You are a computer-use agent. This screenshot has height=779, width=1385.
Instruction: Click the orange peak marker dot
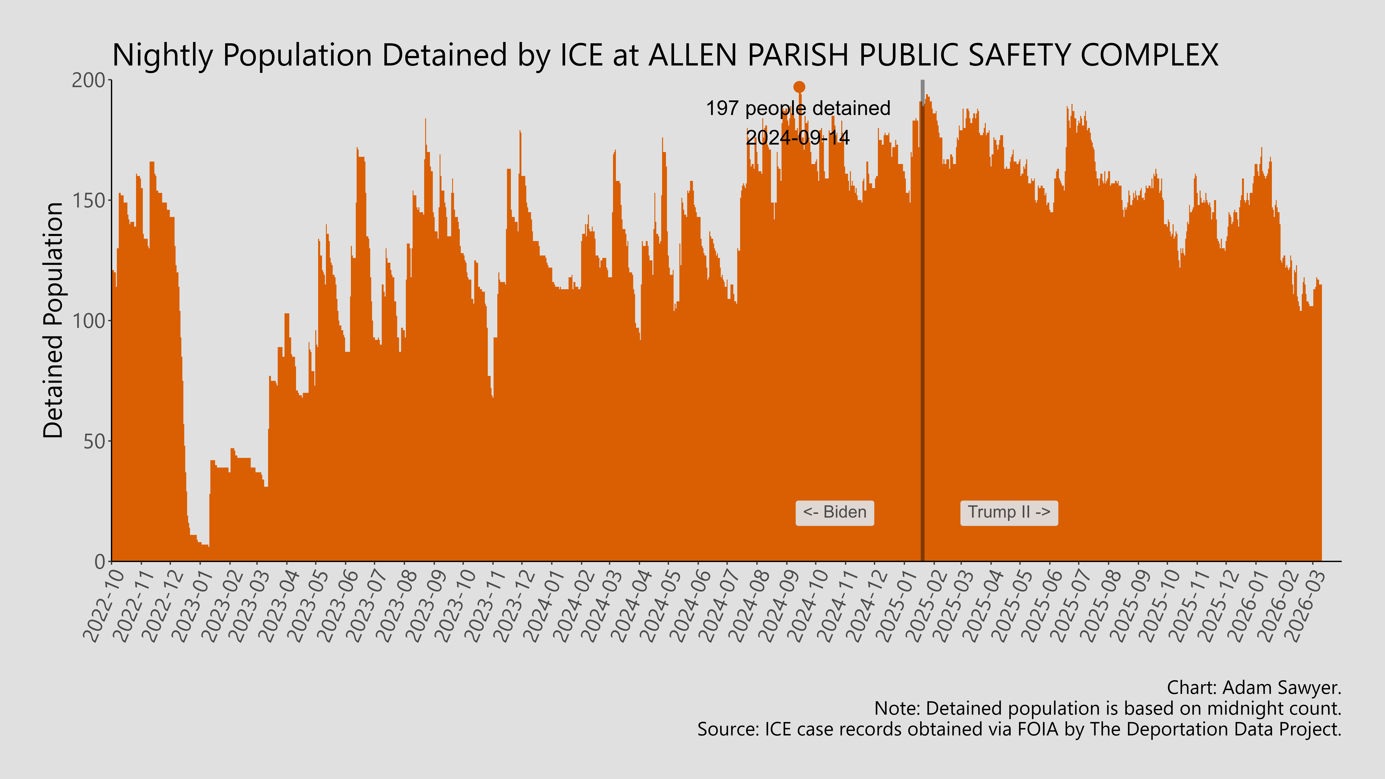(x=799, y=87)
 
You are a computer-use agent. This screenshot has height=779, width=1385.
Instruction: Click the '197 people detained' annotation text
(x=798, y=109)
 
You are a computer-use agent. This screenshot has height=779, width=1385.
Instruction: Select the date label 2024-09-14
(x=798, y=138)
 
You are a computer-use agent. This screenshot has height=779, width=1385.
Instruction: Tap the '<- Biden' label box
(x=834, y=512)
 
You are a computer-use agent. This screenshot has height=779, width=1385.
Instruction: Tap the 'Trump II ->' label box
(x=1009, y=512)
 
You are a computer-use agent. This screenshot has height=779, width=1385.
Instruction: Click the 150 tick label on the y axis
(x=89, y=201)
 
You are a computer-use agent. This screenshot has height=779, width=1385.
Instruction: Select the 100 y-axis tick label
(x=89, y=321)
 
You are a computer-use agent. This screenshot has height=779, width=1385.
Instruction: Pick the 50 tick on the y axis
(x=94, y=441)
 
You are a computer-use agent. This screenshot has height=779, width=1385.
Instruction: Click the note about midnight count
(x=1108, y=709)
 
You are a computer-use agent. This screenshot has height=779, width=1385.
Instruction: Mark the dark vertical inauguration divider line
(x=923, y=323)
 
